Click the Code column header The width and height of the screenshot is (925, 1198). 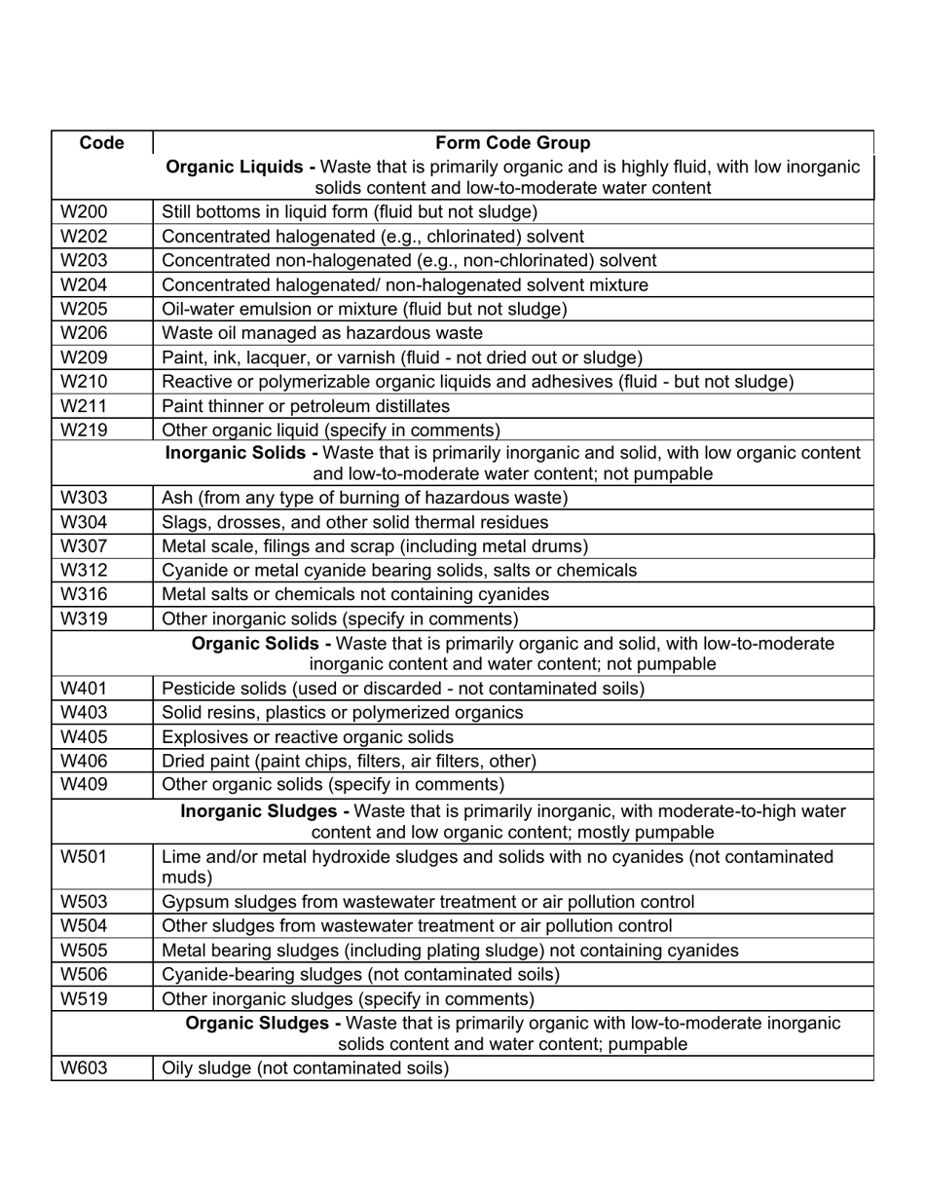tap(101, 143)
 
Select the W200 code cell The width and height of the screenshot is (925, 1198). tap(85, 211)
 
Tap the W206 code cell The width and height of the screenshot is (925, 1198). tap(85, 333)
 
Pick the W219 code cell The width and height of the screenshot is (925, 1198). tap(85, 430)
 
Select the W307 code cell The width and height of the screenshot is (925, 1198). tap(85, 546)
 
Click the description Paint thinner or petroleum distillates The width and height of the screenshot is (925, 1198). tap(306, 406)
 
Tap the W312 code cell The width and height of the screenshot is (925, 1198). tap(85, 570)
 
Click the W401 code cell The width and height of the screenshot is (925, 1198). tap(85, 689)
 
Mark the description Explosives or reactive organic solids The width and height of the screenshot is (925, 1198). tap(308, 737)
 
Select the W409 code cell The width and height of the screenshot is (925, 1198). tap(85, 784)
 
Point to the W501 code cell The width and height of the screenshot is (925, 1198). tap(85, 857)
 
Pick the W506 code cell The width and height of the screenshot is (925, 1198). tap(85, 974)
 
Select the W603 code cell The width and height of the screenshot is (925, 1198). tap(85, 1068)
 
